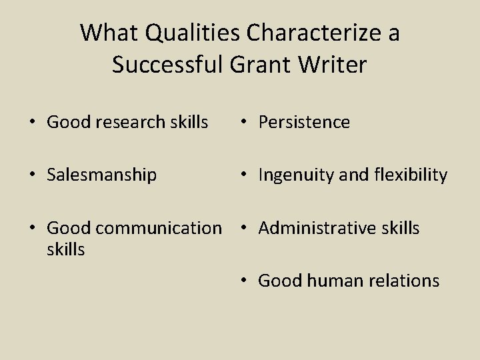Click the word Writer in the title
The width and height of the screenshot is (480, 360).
[334, 65]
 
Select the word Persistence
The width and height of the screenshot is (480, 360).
[304, 122]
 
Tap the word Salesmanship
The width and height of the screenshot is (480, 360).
[102, 175]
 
